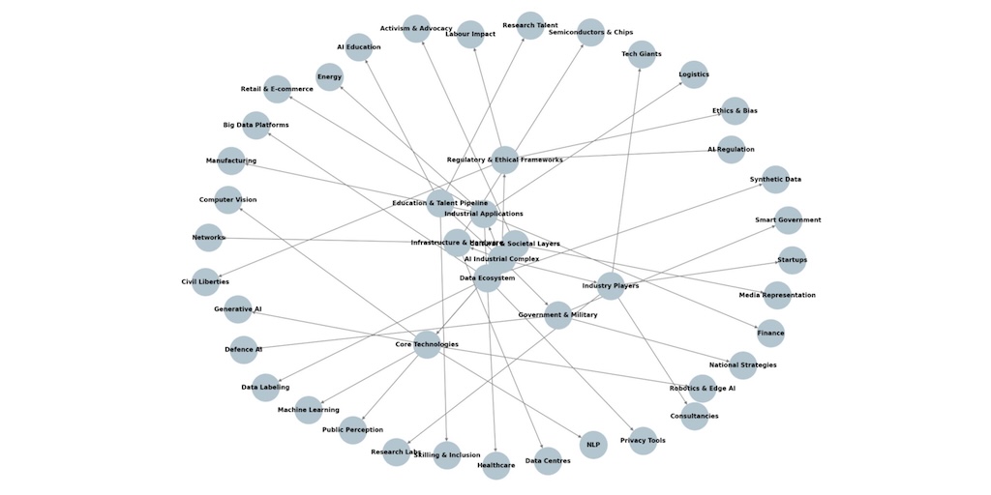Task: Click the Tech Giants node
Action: [x=642, y=54]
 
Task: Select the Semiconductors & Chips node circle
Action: [x=590, y=33]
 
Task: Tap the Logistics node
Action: [x=694, y=74]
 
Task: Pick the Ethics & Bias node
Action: [x=735, y=111]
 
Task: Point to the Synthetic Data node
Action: [x=775, y=180]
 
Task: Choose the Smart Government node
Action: [x=788, y=220]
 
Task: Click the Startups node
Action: [x=792, y=260]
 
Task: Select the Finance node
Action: [x=770, y=334]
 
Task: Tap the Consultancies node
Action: [x=694, y=417]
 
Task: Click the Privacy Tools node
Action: [x=643, y=441]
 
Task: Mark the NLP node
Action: [x=593, y=445]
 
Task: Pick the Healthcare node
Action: [x=495, y=465]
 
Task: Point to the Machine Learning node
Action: [x=308, y=410]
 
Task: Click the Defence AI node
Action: [x=244, y=350]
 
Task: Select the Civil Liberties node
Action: [x=205, y=282]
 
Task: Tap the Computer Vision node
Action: [x=228, y=200]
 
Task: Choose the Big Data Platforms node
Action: [x=255, y=126]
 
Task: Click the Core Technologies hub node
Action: [x=427, y=344]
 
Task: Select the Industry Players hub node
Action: [x=611, y=286]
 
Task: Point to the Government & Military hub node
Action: [x=557, y=315]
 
